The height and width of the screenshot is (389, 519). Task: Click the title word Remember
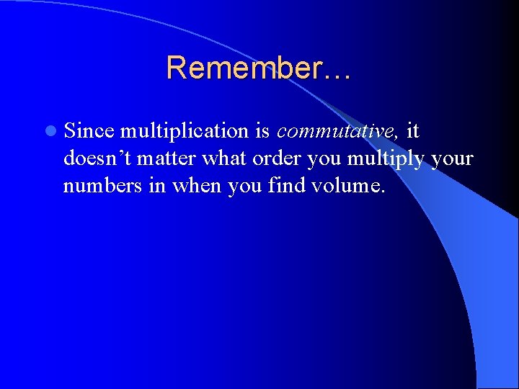tap(249, 68)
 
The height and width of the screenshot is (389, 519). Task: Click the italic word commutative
tap(337, 131)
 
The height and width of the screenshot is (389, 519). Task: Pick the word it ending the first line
tap(413, 131)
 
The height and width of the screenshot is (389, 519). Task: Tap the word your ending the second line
tap(451, 159)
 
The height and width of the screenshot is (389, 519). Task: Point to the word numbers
tap(99, 185)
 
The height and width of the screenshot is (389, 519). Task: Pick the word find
tap(286, 185)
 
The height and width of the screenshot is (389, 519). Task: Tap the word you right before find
tap(245, 187)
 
